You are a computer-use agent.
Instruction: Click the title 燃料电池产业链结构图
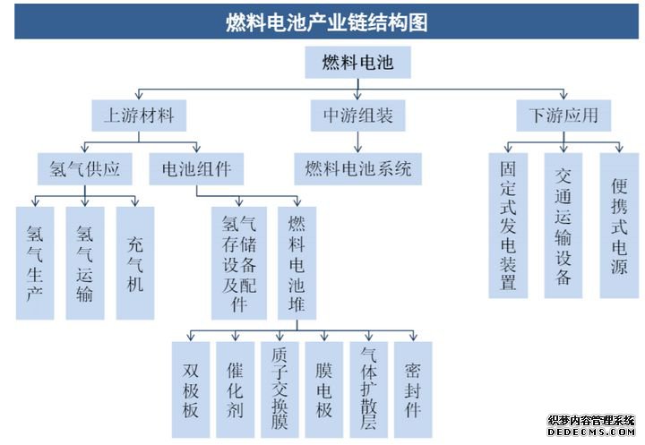327,22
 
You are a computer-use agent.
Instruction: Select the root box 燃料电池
357,62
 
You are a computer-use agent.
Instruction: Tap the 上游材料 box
139,116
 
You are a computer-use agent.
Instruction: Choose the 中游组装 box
357,116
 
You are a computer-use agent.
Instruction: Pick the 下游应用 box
563,116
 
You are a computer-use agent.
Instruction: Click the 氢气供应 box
85,169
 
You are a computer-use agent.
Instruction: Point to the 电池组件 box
196,169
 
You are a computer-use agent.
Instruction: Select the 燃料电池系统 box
357,169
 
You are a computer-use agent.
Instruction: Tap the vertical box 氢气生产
35,263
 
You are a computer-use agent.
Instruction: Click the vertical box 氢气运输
85,263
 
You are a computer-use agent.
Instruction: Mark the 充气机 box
135,263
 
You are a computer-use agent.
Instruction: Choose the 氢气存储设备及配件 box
239,263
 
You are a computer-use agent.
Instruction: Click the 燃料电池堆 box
297,263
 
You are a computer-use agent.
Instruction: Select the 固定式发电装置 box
509,226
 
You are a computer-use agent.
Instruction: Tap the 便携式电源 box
620,226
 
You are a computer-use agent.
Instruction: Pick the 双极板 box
191,389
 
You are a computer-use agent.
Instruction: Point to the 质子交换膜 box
279,389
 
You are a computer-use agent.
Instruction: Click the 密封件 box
413,389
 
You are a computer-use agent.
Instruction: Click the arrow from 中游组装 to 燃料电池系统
357,142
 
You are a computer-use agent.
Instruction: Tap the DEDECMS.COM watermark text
591,432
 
